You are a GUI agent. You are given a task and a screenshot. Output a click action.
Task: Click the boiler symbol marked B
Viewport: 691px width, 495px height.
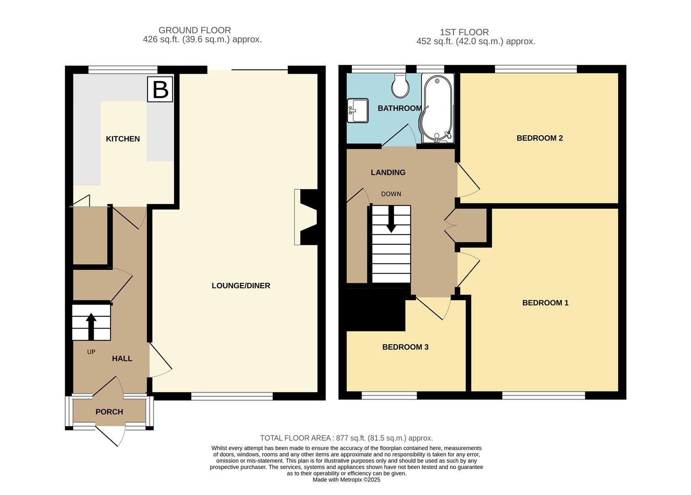pos(160,89)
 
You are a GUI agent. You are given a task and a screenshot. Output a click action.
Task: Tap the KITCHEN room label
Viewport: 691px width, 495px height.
pos(123,139)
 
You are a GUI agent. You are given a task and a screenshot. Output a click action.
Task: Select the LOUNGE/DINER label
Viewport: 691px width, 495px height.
pos(241,286)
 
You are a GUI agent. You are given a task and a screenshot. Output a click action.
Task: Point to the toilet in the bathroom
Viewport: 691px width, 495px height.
pos(400,85)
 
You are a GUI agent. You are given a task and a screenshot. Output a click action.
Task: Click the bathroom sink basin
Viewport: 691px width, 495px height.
pos(358,110)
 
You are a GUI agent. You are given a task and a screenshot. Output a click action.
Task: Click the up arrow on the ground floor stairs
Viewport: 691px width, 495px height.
pos(91,326)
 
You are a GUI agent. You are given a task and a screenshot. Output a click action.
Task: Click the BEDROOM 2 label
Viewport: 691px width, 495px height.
pos(540,138)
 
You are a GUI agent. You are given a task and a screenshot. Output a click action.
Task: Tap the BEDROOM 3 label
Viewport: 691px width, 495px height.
pos(406,347)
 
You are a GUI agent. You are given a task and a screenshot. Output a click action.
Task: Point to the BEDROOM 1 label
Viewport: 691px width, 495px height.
pos(545,303)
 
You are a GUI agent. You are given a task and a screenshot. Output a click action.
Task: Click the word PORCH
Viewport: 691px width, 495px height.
pos(109,412)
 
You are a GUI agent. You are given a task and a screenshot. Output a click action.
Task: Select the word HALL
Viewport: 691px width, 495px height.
pos(122,358)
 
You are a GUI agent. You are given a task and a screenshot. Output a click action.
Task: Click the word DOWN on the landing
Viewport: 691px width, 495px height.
pos(391,194)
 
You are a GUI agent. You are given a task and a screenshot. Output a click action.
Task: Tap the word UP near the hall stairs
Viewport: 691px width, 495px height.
pos(91,352)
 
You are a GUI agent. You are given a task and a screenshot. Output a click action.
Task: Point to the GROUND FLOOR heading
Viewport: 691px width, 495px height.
pos(195,30)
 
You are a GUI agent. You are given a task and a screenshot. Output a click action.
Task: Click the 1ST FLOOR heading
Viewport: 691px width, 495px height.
pos(464,32)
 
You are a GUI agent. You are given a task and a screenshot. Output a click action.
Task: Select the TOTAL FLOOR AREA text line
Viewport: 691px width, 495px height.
pos(346,438)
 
